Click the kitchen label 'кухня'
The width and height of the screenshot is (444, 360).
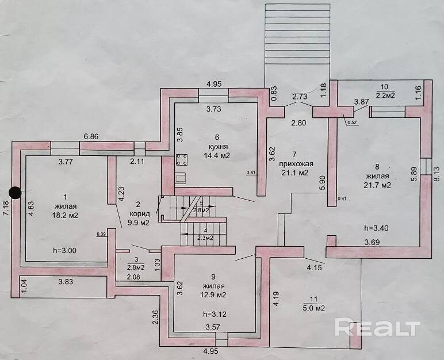coord(217,146)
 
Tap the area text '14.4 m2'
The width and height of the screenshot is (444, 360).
coord(217,155)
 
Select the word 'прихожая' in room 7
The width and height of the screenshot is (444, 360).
coord(293,163)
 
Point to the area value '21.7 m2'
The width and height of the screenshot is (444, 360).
coord(377,185)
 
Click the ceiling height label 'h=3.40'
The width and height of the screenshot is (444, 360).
coord(377,227)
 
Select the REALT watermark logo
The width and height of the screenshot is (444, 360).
coord(377,328)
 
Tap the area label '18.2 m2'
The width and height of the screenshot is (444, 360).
coord(64,215)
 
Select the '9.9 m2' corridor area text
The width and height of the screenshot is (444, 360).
coord(138,221)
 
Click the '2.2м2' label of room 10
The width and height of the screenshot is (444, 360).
coord(385,95)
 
